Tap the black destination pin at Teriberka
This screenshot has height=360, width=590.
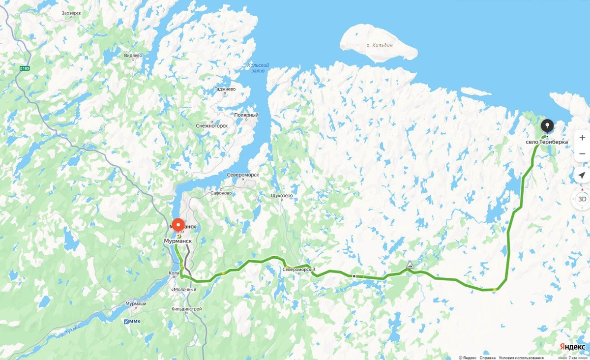(x=547, y=124)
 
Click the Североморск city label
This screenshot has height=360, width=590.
(x=243, y=175)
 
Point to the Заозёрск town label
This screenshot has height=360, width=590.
(x=71, y=14)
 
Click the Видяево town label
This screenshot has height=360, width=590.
(x=133, y=56)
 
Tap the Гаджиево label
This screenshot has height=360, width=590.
(x=225, y=89)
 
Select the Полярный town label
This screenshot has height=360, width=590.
(x=246, y=115)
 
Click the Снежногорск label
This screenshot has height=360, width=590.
(x=212, y=125)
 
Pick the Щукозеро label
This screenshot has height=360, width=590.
(x=282, y=195)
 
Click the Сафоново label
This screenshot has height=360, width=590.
(x=221, y=193)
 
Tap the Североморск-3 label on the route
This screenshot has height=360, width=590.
(x=299, y=269)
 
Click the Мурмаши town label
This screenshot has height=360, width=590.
(x=136, y=303)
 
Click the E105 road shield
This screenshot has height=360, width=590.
(x=25, y=69)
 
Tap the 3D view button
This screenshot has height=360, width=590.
(x=582, y=199)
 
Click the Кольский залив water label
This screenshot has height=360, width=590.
(x=258, y=68)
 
